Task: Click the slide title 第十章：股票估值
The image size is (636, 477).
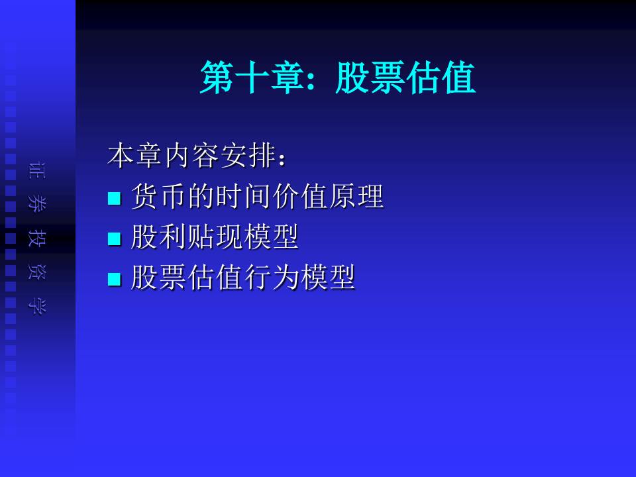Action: point(337,78)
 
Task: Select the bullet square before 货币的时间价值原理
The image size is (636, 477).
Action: point(115,198)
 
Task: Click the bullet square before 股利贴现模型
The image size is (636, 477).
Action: point(115,238)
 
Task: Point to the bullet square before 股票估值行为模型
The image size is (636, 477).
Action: point(115,279)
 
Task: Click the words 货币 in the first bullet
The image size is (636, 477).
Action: point(159,196)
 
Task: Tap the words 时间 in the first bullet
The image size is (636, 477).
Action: point(243,196)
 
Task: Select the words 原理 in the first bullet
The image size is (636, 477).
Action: point(356,196)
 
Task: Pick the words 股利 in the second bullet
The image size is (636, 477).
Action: point(159,237)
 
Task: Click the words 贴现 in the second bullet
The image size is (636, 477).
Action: point(215,237)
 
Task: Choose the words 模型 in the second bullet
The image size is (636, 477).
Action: point(272,237)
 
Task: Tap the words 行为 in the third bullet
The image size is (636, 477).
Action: point(272,278)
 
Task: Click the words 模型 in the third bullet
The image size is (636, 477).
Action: point(328,278)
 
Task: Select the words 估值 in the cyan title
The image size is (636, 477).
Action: point(441,78)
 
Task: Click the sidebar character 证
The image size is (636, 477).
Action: point(37,170)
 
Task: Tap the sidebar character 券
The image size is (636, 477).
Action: point(37,203)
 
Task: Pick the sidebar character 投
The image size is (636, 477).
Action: point(37,238)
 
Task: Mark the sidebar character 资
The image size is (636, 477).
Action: point(37,272)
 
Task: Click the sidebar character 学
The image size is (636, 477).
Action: point(37,306)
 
